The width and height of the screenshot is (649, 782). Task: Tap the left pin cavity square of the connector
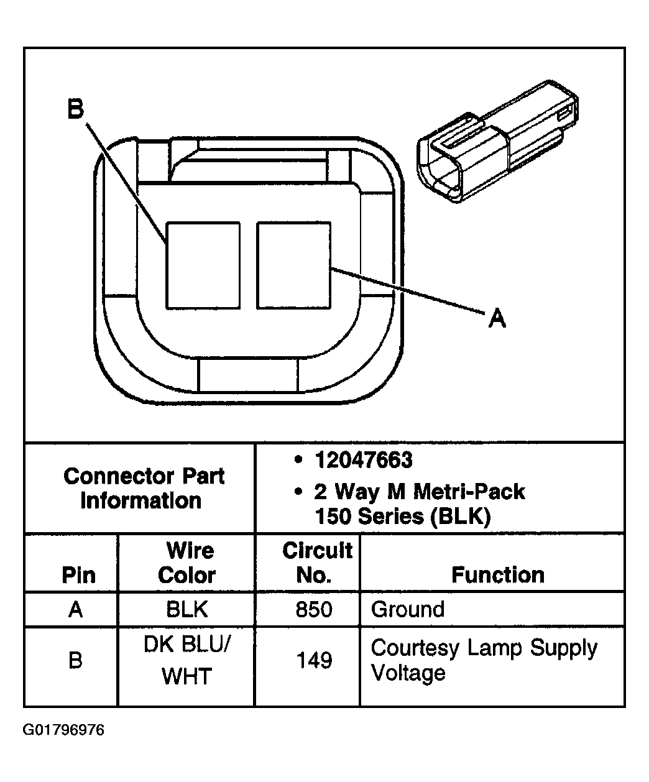click(x=203, y=265)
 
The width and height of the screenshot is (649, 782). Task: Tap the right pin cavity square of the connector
click(x=293, y=265)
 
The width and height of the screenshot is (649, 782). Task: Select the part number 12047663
click(x=364, y=460)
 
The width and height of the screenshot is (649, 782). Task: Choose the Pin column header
click(x=79, y=575)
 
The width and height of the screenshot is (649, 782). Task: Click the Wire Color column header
click(x=186, y=563)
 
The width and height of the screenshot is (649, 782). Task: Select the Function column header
click(x=497, y=575)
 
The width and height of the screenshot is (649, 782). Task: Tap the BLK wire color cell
click(x=186, y=609)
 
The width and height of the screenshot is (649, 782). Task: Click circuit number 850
click(x=315, y=609)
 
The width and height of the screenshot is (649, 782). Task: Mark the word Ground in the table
click(x=408, y=609)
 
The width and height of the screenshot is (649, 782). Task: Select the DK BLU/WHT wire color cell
click(x=186, y=660)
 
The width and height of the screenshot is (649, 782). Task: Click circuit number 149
click(x=315, y=660)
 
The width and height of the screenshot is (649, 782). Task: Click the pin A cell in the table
click(x=75, y=609)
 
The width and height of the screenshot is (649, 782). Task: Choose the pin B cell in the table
click(x=75, y=660)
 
